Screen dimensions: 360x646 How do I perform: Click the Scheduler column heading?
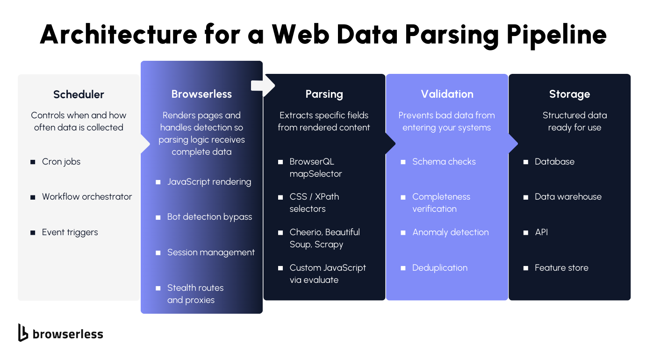(79, 94)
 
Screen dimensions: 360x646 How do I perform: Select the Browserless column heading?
(201, 94)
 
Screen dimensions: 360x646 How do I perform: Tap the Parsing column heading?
(324, 94)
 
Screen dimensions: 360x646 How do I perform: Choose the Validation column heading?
(447, 94)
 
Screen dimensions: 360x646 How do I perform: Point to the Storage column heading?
(569, 94)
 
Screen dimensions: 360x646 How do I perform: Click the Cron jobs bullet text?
(61, 162)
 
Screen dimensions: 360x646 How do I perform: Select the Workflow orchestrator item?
(87, 197)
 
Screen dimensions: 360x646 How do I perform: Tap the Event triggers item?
(70, 232)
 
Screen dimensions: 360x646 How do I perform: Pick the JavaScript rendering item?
(209, 182)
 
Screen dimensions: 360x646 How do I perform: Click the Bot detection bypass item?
(209, 217)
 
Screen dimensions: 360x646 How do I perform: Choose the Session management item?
(211, 252)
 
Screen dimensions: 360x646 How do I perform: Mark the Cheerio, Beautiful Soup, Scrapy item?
(324, 238)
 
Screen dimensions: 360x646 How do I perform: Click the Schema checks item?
(444, 162)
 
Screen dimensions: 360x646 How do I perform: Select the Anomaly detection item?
(450, 232)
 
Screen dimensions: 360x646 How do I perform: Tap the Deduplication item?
(439, 268)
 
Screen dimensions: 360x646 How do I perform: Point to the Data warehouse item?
(568, 197)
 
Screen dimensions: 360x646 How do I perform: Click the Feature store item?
(561, 268)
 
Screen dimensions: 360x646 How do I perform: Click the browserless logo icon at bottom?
(23, 332)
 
